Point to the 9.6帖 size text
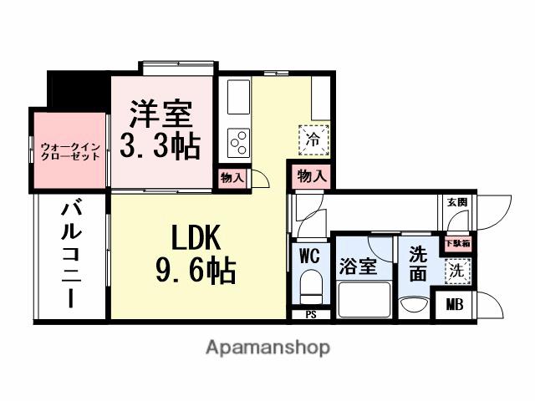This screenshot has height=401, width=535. tap(196, 271)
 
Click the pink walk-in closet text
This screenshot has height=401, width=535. tap(70, 152)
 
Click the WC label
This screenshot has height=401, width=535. tap(309, 256)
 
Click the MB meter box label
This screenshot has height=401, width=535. tap(454, 305)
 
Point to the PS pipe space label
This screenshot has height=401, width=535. tap(310, 315)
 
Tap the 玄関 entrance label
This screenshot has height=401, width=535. tap(456, 202)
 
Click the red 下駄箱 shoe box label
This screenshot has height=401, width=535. tap(456, 244)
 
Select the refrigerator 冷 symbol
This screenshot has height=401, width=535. tap(313, 138)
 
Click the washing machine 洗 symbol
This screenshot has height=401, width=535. tap(456, 271)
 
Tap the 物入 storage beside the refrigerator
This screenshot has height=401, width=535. tap(310, 176)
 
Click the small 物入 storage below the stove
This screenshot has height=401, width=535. tap(232, 177)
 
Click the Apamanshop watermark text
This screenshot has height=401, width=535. tap(267, 347)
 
